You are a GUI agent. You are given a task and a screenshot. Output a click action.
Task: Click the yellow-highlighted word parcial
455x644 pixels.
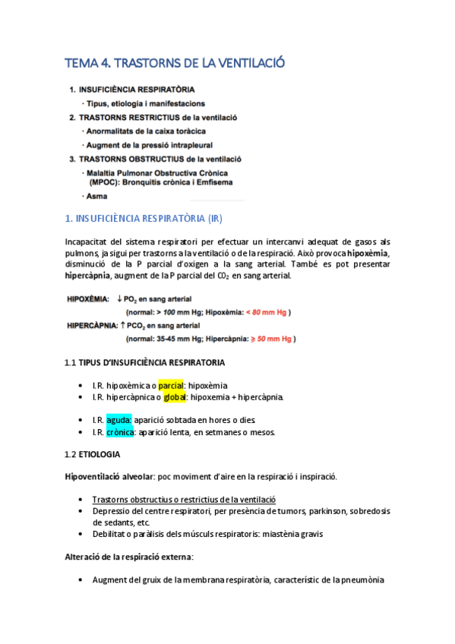coord(171,386)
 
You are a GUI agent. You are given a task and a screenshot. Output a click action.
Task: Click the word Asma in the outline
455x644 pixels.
coord(97,197)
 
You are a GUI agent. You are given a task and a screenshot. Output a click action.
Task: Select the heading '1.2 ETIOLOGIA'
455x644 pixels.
coord(92,454)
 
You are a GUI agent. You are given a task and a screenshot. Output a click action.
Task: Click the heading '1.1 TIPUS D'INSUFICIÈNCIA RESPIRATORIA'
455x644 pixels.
coord(144,362)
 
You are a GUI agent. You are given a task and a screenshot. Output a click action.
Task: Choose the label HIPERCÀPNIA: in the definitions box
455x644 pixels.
coord(93,325)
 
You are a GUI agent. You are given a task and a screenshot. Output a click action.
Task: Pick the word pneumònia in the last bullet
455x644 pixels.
coord(362,579)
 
